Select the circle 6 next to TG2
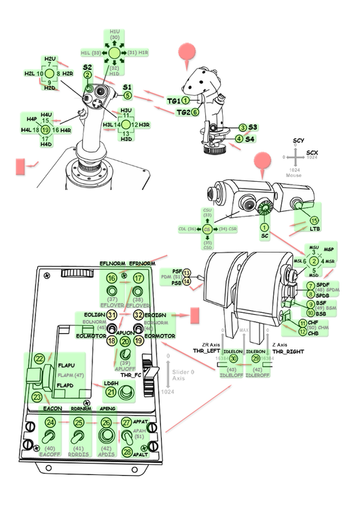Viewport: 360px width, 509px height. coord(195,112)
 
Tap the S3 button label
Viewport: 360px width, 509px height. coord(252,127)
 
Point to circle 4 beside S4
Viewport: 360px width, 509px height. coord(238,139)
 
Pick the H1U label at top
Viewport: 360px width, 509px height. coord(115,32)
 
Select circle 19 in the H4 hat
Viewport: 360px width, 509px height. coord(46,129)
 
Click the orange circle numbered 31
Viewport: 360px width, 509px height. coord(112,315)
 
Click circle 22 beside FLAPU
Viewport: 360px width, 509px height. coord(40,358)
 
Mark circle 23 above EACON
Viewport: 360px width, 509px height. coord(37,398)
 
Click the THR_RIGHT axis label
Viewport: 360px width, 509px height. coord(286,352)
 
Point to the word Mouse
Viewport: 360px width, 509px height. coord(293,175)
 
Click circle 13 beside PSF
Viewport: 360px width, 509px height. coord(186,274)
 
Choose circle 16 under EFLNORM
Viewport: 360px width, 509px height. coord(112,278)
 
